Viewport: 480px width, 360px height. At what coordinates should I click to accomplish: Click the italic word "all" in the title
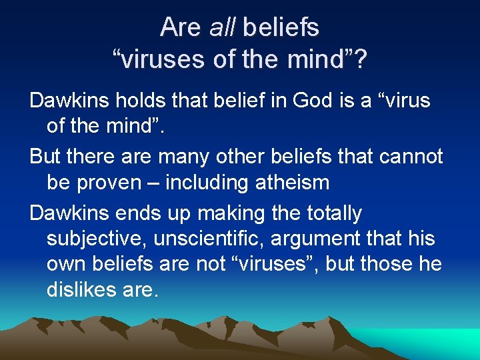(x=223, y=27)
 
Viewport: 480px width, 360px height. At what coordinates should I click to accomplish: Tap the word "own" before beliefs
(x=65, y=265)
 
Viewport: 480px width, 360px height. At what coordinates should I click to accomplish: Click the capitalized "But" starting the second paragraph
(x=45, y=157)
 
